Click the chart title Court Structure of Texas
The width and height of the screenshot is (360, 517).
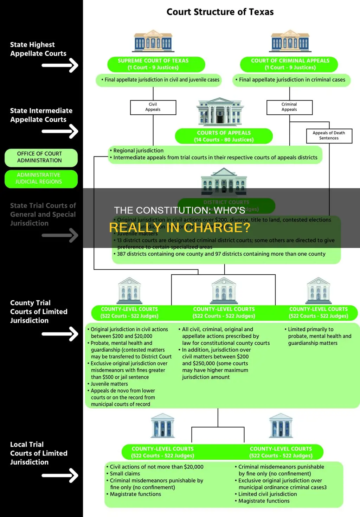click(220, 12)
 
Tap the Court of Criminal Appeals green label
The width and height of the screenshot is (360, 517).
click(289, 64)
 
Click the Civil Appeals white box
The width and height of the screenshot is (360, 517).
click(153, 107)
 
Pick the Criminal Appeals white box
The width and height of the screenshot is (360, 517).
click(289, 107)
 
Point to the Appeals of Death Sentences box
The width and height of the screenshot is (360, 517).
click(329, 136)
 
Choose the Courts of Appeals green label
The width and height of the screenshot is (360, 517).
click(224, 136)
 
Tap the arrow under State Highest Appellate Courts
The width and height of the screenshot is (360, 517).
click(60, 65)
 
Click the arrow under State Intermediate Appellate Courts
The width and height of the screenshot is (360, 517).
click(60, 132)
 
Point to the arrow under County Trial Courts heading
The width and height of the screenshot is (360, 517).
click(60, 334)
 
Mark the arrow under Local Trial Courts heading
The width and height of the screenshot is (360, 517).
click(60, 475)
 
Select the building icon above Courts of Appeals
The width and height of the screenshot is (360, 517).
click(220, 112)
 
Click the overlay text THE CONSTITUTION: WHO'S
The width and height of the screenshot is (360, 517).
click(180, 210)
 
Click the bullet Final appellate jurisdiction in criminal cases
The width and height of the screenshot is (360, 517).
click(292, 80)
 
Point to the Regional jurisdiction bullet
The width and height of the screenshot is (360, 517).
click(138, 151)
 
